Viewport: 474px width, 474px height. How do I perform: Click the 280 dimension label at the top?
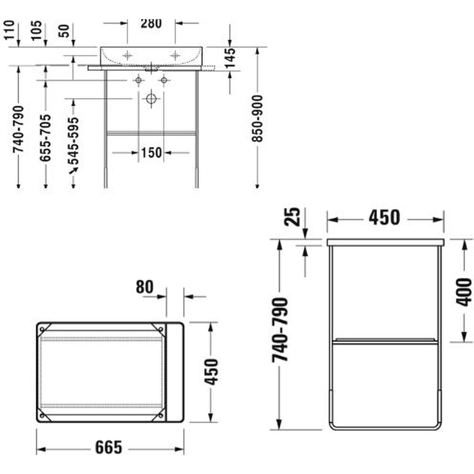click(x=151, y=23)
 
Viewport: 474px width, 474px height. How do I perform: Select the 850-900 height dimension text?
click(x=258, y=118)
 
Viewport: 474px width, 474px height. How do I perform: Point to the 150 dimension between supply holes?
click(x=151, y=153)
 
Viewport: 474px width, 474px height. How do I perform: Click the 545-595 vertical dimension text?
click(x=73, y=141)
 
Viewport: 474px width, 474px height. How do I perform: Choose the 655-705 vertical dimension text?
click(x=46, y=138)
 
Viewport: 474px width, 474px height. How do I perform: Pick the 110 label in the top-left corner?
click(x=9, y=30)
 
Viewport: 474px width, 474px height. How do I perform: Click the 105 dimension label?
click(x=36, y=30)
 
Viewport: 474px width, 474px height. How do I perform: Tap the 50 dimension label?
click(x=64, y=31)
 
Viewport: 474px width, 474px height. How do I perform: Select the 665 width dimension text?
click(x=109, y=447)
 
